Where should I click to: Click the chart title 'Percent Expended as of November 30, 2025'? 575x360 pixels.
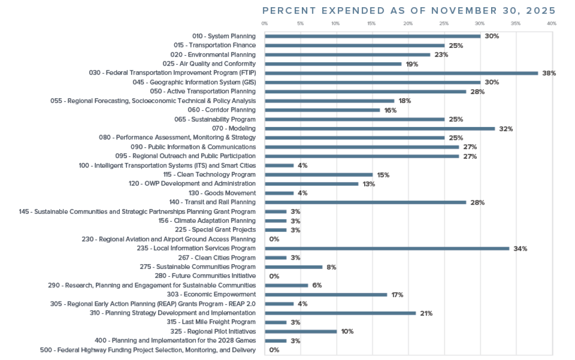(409, 11)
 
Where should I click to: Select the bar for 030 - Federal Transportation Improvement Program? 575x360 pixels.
(401, 73)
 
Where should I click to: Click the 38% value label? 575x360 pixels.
(549, 73)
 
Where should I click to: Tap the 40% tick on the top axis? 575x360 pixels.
(551, 23)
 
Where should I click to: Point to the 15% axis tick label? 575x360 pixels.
(372, 23)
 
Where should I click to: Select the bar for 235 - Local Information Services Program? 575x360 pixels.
(387, 248)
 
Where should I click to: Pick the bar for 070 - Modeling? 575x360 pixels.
(379, 128)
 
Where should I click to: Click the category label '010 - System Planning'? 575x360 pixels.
(224, 36)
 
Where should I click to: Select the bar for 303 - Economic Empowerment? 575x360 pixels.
(326, 294)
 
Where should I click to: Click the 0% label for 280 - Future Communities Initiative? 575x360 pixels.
(274, 276)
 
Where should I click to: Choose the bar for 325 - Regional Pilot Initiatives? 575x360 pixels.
(300, 331)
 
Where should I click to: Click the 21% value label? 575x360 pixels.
(426, 313)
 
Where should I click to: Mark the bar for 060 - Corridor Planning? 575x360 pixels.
(322, 110)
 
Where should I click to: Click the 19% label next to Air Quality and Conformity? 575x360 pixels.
(412, 64)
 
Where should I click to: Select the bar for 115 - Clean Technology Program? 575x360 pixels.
(319, 174)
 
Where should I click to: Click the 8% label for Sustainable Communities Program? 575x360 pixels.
(331, 267)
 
